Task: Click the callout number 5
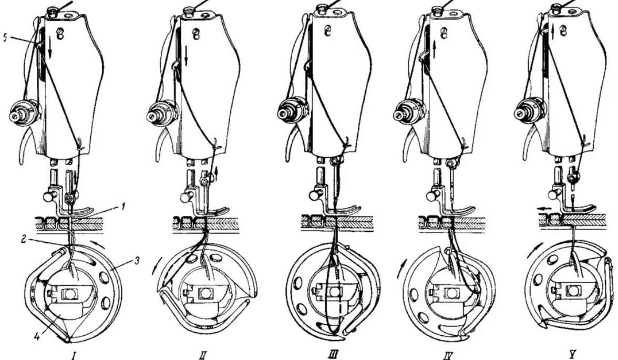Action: click(5, 39)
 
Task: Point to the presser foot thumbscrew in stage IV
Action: click(434, 195)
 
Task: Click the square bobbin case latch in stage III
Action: click(335, 292)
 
